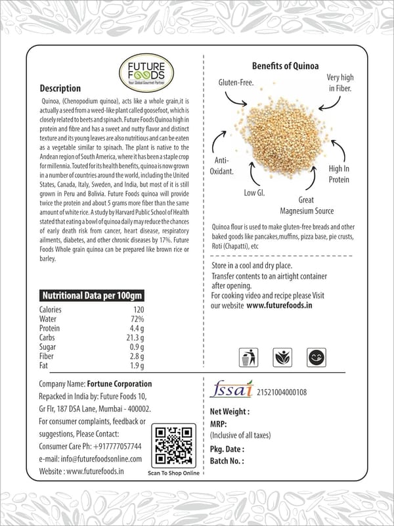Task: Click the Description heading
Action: [60, 88]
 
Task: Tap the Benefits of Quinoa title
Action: [286, 66]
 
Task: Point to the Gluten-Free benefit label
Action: [236, 84]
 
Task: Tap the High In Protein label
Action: [339, 174]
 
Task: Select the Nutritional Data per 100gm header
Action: [92, 296]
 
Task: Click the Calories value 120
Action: [138, 310]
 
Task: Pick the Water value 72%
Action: [137, 319]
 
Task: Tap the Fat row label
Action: [45, 366]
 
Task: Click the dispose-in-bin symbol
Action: [247, 358]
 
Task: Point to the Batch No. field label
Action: [227, 461]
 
